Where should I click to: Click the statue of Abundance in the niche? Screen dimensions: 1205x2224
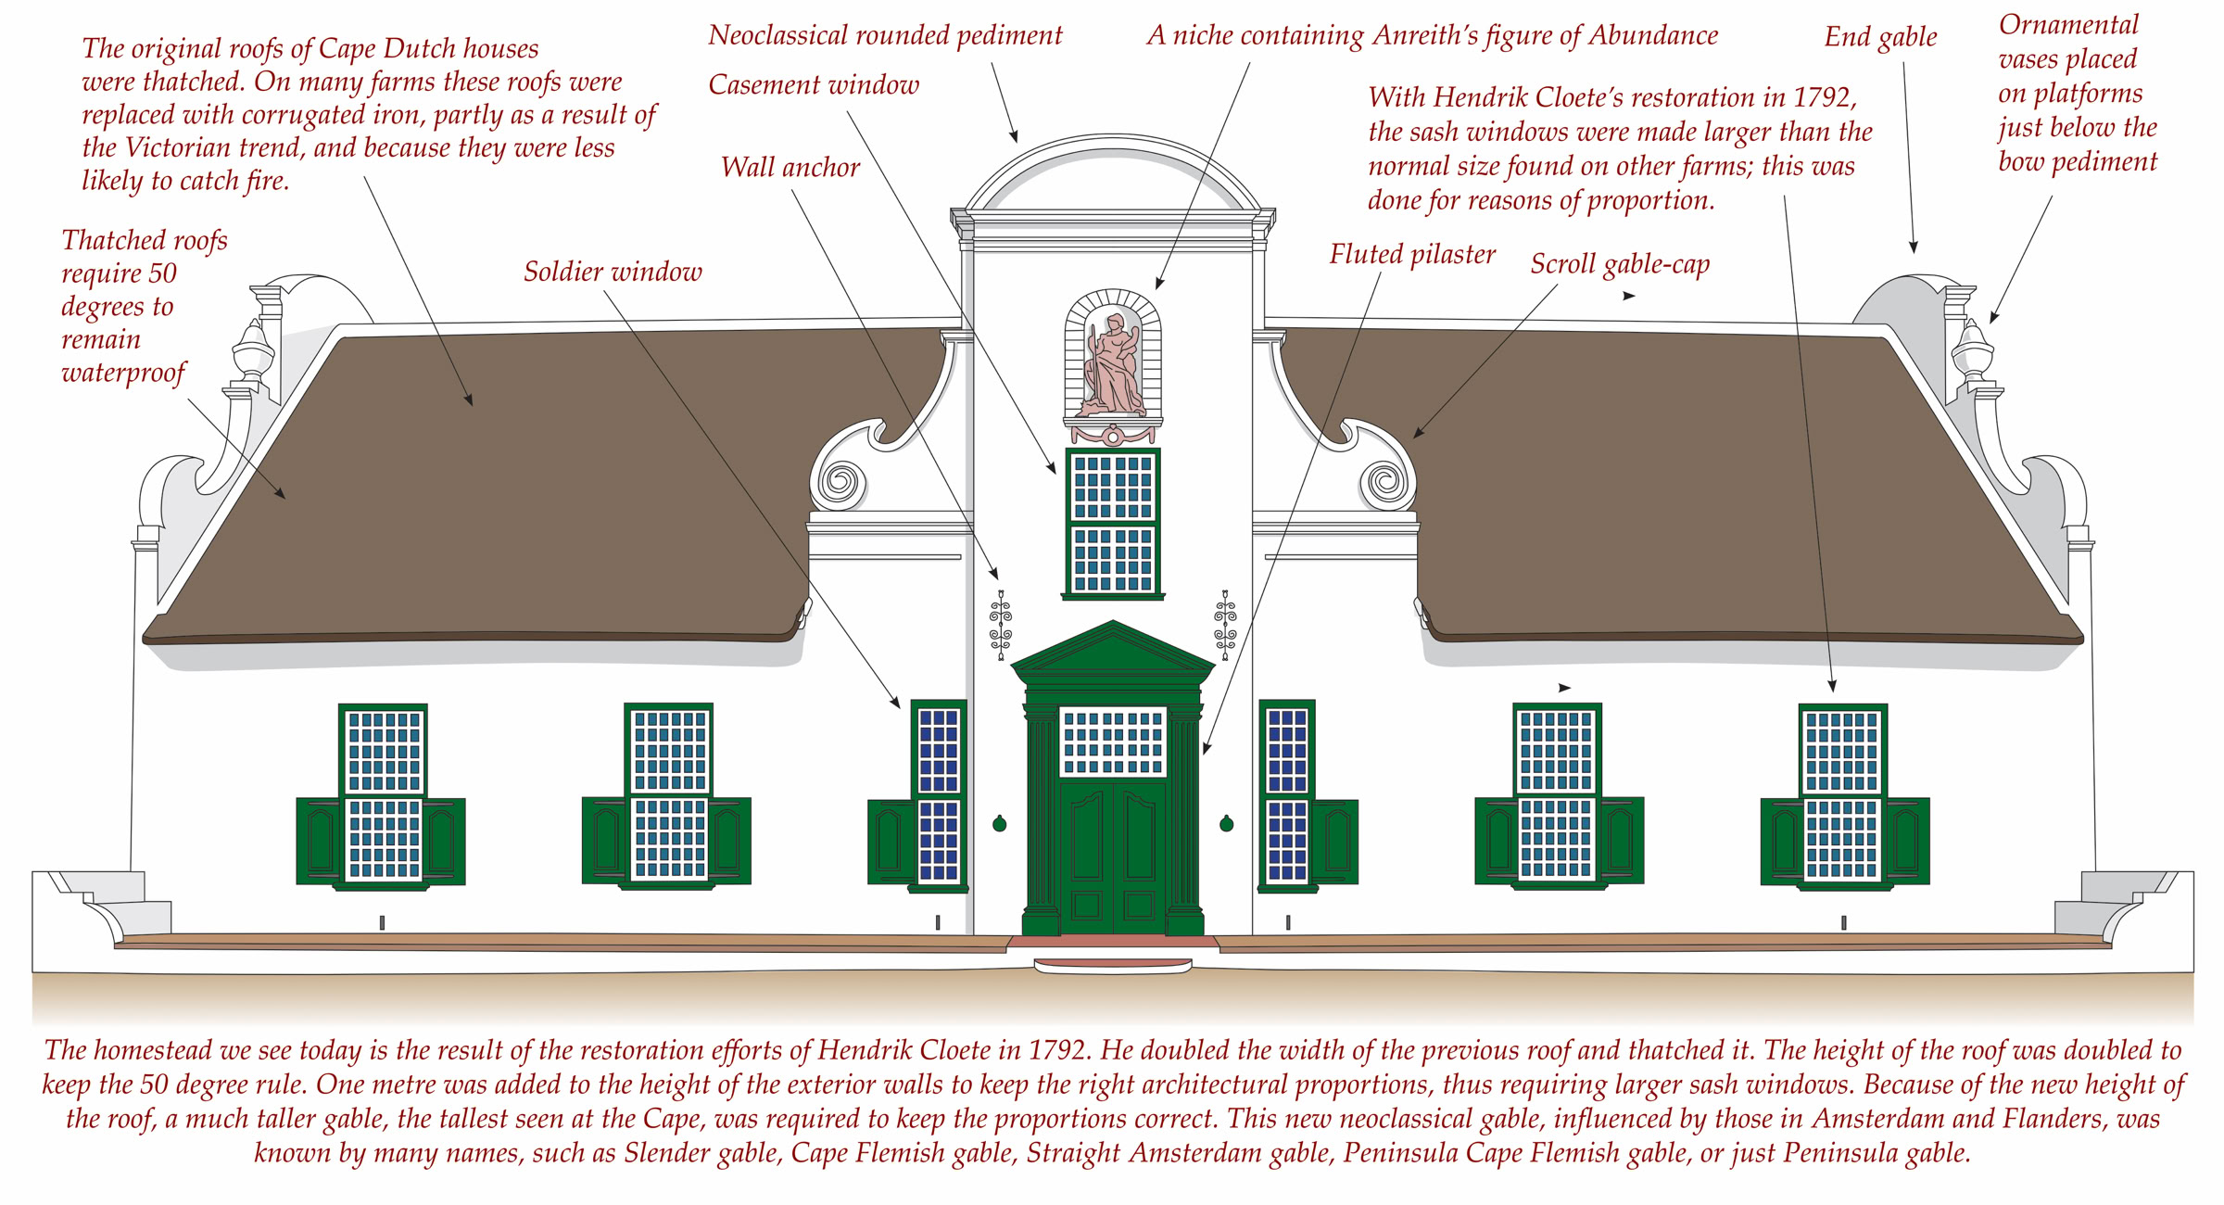(x=1112, y=366)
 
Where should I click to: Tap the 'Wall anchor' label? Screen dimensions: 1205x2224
(x=790, y=168)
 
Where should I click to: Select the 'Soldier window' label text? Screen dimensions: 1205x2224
(x=613, y=272)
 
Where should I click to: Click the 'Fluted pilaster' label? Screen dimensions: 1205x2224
(x=1411, y=254)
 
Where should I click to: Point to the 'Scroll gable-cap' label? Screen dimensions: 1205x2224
(x=1619, y=264)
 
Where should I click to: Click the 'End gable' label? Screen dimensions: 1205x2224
(x=1880, y=37)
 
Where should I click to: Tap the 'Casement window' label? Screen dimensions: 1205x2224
(x=814, y=85)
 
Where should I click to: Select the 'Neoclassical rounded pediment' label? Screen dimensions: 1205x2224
(x=884, y=35)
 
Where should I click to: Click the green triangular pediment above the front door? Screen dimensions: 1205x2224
(x=1112, y=653)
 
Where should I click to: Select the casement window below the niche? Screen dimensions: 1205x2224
(x=1112, y=524)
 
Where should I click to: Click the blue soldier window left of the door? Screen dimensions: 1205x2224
(x=938, y=794)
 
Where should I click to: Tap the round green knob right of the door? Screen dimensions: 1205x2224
(x=1226, y=823)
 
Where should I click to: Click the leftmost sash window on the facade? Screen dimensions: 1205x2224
(x=384, y=794)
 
